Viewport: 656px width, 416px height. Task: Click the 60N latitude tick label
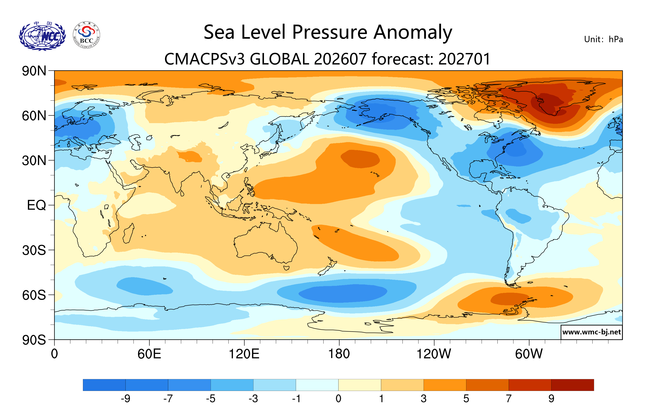point(34,116)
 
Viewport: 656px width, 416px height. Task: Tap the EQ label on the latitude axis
point(37,205)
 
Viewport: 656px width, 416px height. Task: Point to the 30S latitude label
point(34,250)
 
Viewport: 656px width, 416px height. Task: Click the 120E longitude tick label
point(244,354)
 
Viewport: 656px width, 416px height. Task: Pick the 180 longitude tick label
point(339,354)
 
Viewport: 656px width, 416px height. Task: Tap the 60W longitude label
point(529,354)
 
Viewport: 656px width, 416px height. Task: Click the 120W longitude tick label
point(434,354)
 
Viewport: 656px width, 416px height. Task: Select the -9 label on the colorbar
point(126,399)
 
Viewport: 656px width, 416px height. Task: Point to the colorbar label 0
point(338,399)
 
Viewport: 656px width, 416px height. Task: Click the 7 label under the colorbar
point(509,399)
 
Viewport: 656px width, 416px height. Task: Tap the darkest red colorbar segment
point(573,385)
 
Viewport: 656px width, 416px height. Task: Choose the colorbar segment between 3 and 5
point(445,385)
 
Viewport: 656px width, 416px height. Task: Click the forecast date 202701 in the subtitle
point(465,59)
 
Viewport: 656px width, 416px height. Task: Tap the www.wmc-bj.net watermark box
point(591,332)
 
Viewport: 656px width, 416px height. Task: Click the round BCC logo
point(87,35)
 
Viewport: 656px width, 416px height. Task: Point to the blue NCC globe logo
point(42,36)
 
